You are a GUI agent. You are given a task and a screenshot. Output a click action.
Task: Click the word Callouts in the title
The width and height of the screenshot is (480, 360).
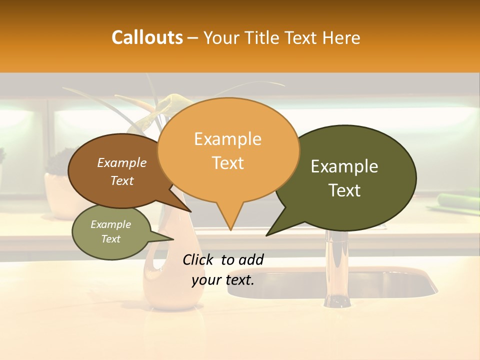tap(147, 37)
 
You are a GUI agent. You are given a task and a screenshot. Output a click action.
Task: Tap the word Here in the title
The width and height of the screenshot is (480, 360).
tap(341, 38)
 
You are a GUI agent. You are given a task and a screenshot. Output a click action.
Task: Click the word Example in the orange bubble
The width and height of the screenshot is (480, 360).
tap(227, 139)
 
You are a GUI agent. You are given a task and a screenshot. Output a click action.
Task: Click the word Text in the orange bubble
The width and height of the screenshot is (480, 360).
tap(228, 162)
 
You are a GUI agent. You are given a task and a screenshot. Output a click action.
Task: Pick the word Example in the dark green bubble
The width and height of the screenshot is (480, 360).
tap(344, 166)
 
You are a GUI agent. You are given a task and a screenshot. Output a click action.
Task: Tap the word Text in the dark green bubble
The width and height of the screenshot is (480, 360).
tap(344, 190)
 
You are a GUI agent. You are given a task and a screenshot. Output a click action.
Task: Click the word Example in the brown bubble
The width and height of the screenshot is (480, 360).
tap(121, 162)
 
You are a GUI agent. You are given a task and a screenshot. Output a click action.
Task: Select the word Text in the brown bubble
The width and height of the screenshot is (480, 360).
tap(121, 180)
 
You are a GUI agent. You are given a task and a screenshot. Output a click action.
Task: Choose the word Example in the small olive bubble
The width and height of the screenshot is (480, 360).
tap(110, 224)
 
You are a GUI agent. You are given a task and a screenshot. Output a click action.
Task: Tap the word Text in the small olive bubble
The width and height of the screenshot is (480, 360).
tap(110, 239)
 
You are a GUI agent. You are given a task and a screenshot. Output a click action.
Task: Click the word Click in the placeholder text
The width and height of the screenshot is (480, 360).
tap(198, 259)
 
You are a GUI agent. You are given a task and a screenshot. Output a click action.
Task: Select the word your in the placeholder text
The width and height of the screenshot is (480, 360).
tap(206, 280)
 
